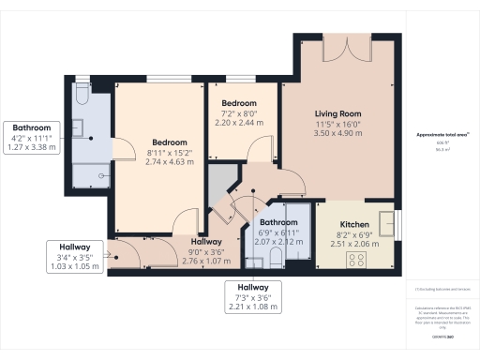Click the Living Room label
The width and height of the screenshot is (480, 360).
337,112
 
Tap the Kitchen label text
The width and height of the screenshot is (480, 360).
354,225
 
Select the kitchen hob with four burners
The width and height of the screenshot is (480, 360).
357,258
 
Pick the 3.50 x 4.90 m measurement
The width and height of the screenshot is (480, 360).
337,134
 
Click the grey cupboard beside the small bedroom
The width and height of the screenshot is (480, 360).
222,182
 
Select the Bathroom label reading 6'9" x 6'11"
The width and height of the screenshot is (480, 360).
278,222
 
